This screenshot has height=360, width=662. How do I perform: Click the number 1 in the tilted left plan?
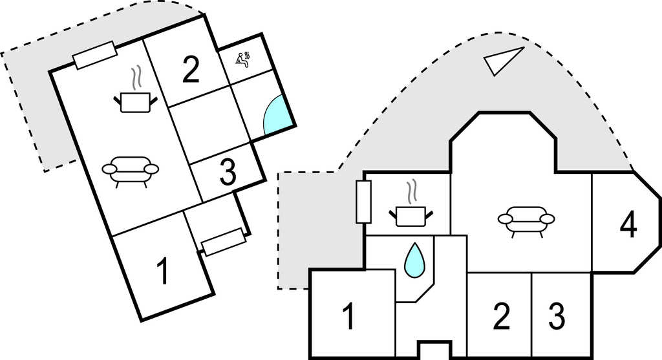pos(164,271)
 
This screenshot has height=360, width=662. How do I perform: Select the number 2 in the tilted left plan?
pos(191,70)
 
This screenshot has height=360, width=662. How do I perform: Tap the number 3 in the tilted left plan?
pos(227,172)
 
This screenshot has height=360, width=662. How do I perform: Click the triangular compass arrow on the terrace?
pos(502,61)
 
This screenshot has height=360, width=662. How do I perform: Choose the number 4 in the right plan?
pos(628,225)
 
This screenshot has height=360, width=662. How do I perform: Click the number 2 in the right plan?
pos(501,316)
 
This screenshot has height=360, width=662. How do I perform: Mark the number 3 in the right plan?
pos(557,316)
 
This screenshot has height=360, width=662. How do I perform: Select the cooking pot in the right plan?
pos(411,215)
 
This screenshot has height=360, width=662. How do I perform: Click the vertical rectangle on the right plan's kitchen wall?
pos(363,202)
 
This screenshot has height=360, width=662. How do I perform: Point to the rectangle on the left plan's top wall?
pos(94,55)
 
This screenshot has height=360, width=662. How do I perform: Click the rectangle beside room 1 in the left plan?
pos(224,241)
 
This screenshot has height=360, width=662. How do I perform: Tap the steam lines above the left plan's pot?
pos(135,79)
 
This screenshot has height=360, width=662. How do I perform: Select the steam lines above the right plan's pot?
pos(411,193)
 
